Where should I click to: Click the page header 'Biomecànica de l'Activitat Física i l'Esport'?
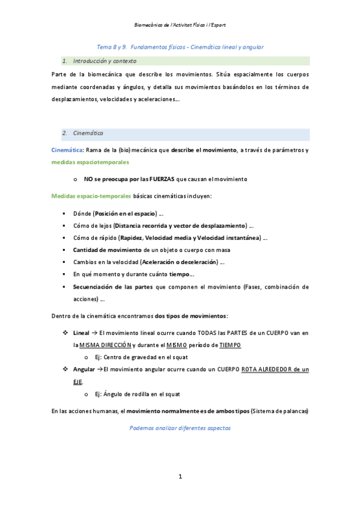tap(180, 25)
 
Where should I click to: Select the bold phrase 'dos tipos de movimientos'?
tap(191, 316)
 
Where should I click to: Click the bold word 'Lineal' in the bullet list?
tap(81, 333)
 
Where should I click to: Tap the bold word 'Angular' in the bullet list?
tap(83, 369)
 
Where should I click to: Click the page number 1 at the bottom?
tap(180, 476)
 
